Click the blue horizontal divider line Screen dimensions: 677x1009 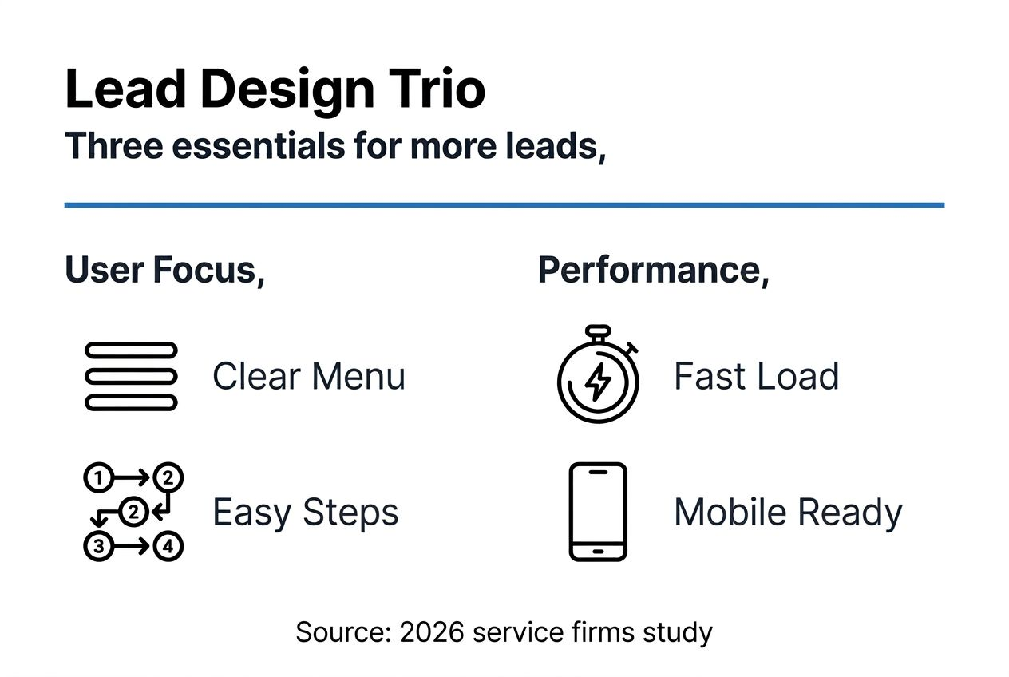tap(504, 205)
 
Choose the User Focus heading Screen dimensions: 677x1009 tap(164, 271)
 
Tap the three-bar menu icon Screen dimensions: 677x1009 tap(131, 376)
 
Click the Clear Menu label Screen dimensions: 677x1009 tap(309, 376)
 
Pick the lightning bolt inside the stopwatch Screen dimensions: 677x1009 tap(597, 383)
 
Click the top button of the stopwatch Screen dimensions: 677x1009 tap(597, 330)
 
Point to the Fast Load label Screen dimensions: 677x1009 tap(756, 376)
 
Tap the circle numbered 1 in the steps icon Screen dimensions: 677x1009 tap(97, 478)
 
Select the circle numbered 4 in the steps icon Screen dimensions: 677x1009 tap(168, 547)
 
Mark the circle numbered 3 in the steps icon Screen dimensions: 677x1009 tap(97, 547)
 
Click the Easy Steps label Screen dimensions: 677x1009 tap(305, 513)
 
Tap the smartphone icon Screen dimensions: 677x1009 tap(598, 512)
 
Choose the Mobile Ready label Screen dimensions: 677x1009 tap(788, 513)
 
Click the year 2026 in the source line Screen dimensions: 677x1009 tap(432, 632)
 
